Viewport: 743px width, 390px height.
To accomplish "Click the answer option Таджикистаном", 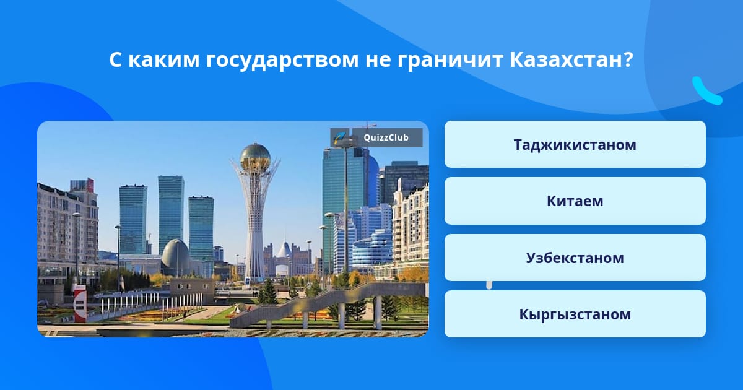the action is point(575,144).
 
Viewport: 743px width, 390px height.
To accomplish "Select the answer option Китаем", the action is point(575,201).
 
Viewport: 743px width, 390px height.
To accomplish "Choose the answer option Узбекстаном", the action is point(575,258).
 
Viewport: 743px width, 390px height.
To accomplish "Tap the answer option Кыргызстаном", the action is point(575,314).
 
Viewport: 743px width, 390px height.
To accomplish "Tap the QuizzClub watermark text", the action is point(386,137).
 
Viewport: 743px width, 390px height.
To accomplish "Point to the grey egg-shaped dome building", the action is point(175,258).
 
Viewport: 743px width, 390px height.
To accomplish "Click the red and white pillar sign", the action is point(80,304).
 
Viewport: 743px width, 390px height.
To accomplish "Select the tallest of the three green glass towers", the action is point(171,215).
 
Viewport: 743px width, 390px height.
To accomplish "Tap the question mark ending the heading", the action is point(628,59).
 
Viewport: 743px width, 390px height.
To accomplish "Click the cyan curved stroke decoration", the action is point(706,92).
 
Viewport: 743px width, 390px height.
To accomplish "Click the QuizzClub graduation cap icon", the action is point(340,137).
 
